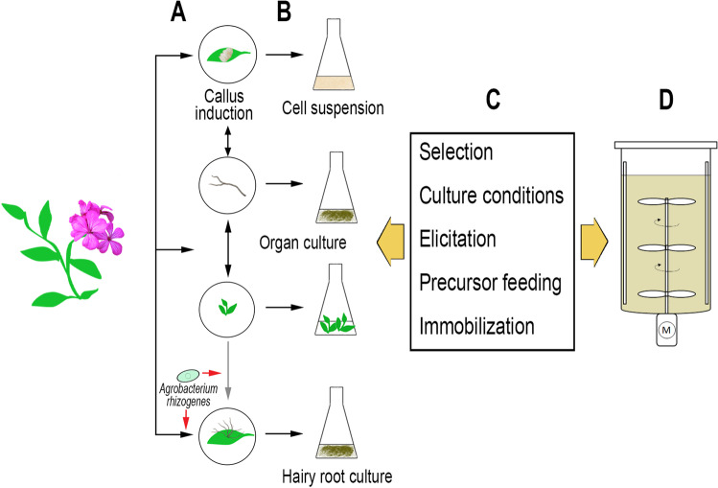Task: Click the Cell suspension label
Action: click(x=333, y=108)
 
